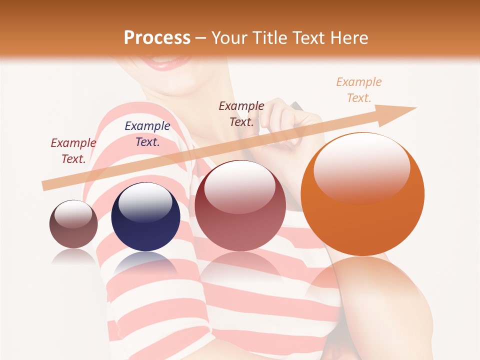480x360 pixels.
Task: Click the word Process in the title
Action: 157,38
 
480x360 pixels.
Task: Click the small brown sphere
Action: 73,224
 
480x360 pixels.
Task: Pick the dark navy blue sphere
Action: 145,217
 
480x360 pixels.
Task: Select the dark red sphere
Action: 240,206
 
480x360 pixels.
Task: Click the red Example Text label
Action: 73,151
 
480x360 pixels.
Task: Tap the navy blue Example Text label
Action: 147,134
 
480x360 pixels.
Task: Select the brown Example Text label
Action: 241,113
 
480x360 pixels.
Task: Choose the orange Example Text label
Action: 358,90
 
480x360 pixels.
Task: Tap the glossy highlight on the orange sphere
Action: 361,167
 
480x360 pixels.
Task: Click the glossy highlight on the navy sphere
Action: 145,202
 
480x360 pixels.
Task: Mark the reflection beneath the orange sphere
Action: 362,285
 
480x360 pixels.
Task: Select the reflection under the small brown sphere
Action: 73,256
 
